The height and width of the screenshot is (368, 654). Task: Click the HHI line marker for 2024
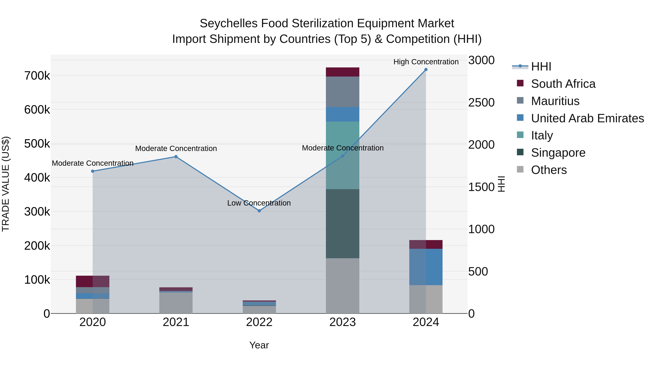pyautogui.click(x=426, y=70)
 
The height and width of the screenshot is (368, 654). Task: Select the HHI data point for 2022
pyautogui.click(x=259, y=211)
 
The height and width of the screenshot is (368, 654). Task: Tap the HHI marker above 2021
pyautogui.click(x=176, y=157)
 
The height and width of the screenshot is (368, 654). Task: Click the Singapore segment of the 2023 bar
pyautogui.click(x=342, y=224)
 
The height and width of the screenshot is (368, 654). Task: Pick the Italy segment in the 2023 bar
pyautogui.click(x=342, y=155)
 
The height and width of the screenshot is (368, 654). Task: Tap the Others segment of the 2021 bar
pyautogui.click(x=176, y=303)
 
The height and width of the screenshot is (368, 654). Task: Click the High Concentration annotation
pyautogui.click(x=426, y=62)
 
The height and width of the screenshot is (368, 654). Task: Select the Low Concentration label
pyautogui.click(x=259, y=203)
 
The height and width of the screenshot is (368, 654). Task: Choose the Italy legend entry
pyautogui.click(x=542, y=135)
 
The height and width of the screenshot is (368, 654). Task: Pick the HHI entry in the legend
pyautogui.click(x=541, y=67)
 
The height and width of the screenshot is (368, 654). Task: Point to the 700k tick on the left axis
pyautogui.click(x=37, y=76)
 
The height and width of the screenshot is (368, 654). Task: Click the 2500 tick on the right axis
pyautogui.click(x=481, y=103)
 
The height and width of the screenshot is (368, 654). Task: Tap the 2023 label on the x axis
pyautogui.click(x=342, y=322)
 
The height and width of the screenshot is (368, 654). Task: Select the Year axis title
pyautogui.click(x=259, y=345)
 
